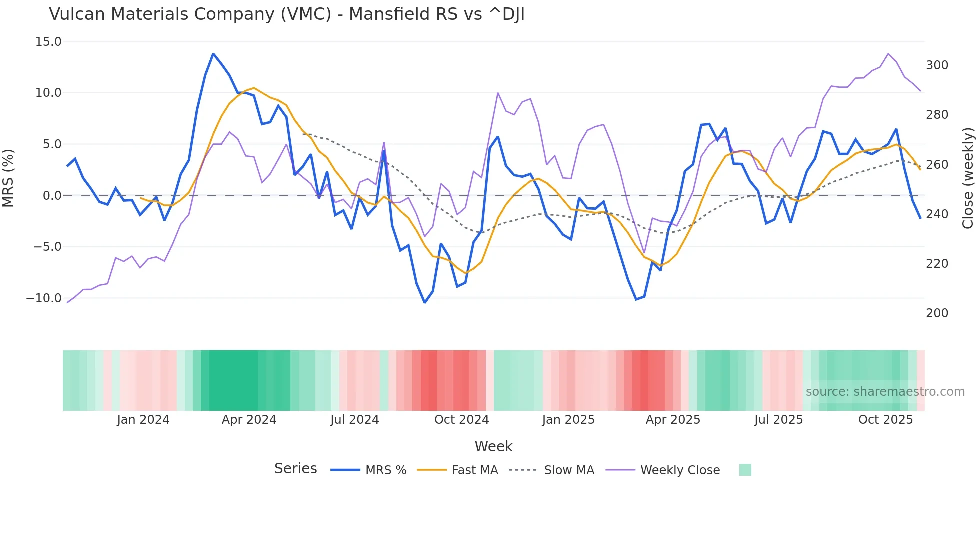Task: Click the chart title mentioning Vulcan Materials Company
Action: click(286, 14)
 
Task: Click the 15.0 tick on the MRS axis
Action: click(48, 42)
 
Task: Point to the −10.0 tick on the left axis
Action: click(44, 298)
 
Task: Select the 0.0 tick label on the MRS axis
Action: click(52, 196)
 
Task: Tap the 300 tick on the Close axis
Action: click(937, 65)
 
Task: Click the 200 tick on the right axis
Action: click(937, 313)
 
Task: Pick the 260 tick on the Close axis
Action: click(937, 165)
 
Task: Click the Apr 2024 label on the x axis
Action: click(249, 420)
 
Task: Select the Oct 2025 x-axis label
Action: click(885, 420)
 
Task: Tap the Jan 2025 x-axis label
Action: click(568, 420)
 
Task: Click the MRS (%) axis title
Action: click(8, 178)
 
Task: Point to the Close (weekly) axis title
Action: click(968, 178)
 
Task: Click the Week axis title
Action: click(493, 446)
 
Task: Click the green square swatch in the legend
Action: click(745, 470)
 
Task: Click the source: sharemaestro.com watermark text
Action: click(885, 392)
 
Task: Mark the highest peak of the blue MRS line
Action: click(213, 54)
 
